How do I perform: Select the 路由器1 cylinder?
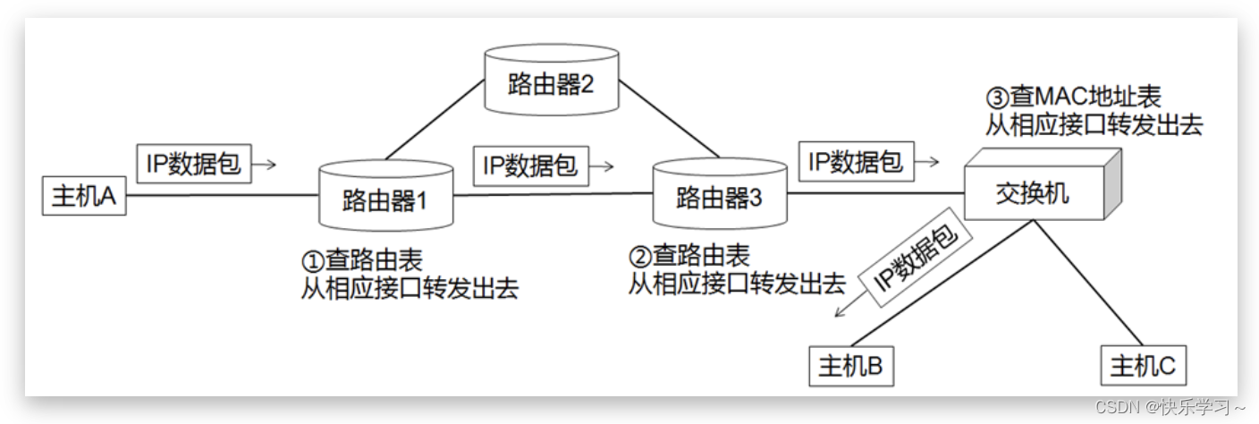click(x=385, y=196)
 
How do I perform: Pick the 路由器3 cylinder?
click(x=719, y=196)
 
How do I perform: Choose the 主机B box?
click(x=850, y=366)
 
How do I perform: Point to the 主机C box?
click(x=1142, y=366)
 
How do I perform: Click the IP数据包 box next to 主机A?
click(x=194, y=164)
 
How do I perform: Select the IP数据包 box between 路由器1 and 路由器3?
click(x=530, y=165)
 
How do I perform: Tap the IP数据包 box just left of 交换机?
click(x=856, y=162)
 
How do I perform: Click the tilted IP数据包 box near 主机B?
click(x=916, y=263)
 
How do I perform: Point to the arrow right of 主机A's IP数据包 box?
click(x=266, y=165)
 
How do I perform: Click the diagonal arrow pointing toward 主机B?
click(x=843, y=310)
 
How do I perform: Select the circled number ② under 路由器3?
click(x=639, y=257)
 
